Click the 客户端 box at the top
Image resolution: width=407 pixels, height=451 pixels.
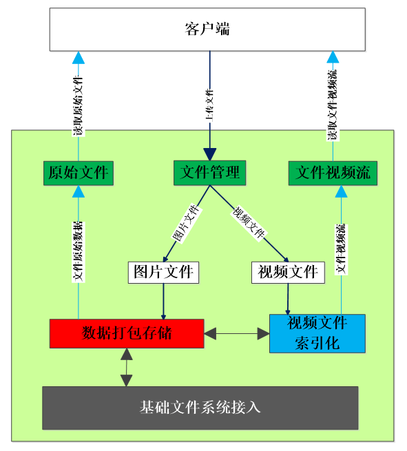[x=207, y=30]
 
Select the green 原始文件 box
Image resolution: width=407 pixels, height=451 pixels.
[x=78, y=173]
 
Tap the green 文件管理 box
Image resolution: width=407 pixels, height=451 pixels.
[x=209, y=172]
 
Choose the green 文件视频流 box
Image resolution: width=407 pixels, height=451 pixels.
[x=333, y=173]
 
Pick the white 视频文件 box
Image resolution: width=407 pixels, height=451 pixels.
[x=287, y=272]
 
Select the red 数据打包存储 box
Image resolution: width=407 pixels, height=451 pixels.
[x=127, y=333]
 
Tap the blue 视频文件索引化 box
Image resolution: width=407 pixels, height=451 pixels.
[x=317, y=333]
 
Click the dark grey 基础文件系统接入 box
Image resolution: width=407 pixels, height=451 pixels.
[x=200, y=408]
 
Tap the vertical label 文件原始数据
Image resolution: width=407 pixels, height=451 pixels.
[x=79, y=251]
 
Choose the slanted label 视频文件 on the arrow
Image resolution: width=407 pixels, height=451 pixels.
[x=249, y=223]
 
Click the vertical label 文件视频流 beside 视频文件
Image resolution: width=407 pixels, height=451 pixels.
[x=340, y=248]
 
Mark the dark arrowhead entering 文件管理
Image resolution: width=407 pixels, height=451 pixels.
[x=209, y=154]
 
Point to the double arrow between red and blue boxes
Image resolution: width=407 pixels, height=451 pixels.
[x=236, y=334]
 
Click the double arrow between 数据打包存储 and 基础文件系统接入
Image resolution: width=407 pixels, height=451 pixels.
[x=126, y=367]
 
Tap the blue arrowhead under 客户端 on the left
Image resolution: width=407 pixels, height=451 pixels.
[x=79, y=57]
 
